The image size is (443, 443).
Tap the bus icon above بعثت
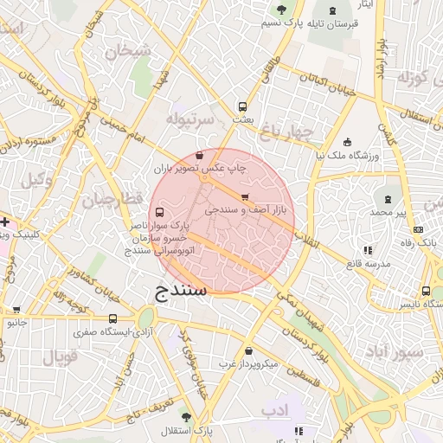[x=243, y=107]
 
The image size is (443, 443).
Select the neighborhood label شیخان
[x=128, y=52]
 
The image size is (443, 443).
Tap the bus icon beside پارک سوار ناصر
[x=157, y=213]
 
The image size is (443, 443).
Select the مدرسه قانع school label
[x=390, y=264]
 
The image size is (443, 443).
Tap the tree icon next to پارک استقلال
[x=185, y=416]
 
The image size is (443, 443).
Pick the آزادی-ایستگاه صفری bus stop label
[x=112, y=331]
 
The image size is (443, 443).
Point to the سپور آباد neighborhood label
[x=394, y=353]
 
